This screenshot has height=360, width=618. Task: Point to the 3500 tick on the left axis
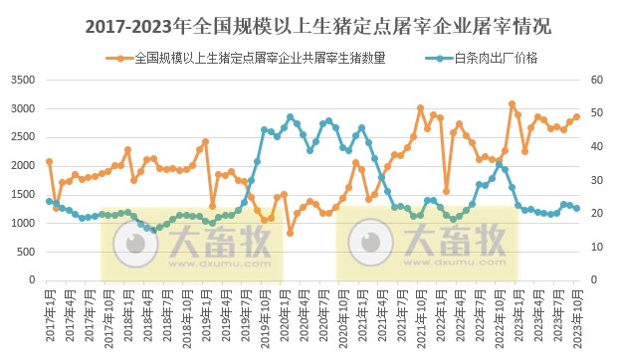click(22, 81)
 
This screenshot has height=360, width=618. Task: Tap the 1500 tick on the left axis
click(22, 195)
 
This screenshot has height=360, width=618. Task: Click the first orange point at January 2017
click(49, 161)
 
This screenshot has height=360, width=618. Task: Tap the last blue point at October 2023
click(576, 208)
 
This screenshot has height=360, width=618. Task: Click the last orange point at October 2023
click(576, 116)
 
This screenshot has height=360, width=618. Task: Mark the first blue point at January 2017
click(49, 201)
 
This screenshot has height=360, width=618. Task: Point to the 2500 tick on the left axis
click(22, 138)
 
